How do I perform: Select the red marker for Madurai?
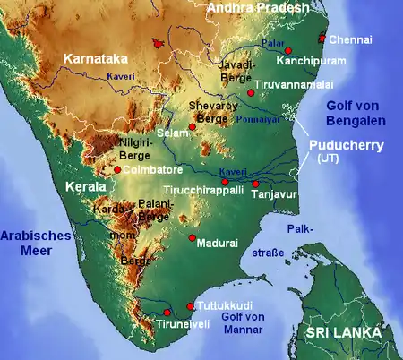(x=192, y=237)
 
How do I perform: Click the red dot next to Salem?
(x=191, y=127)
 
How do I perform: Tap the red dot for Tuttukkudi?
(x=190, y=306)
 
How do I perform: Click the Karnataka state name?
(x=93, y=59)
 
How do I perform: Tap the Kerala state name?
(x=85, y=187)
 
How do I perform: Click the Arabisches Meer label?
(x=28, y=242)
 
